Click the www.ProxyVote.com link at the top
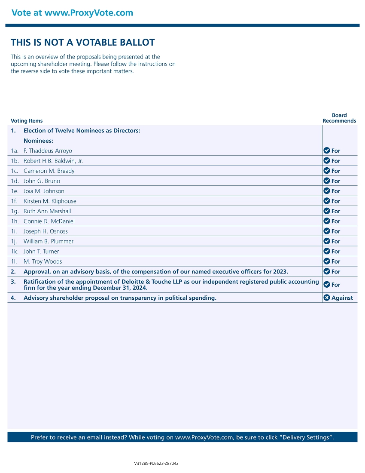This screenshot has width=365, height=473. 89,13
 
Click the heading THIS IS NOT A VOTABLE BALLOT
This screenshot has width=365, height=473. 82,43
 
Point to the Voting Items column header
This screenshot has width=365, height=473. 27,121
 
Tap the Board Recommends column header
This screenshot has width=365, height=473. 339,118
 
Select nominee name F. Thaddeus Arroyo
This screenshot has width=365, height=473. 48,151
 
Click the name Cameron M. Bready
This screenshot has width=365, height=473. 49,171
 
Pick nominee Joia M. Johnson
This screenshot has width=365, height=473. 44,191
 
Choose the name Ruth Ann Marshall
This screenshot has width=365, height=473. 47,212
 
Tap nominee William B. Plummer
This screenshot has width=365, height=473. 49,242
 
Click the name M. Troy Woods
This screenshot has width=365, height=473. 43,262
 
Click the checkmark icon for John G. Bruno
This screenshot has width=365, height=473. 327,181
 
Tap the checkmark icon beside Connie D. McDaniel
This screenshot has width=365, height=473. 327,221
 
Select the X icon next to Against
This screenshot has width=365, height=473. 327,298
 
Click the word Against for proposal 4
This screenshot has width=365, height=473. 342,298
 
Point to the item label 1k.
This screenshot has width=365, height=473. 15,252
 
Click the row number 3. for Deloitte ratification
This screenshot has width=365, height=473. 13,282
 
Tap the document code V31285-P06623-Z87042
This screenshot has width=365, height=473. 156,464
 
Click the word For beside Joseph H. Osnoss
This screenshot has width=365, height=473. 336,232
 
